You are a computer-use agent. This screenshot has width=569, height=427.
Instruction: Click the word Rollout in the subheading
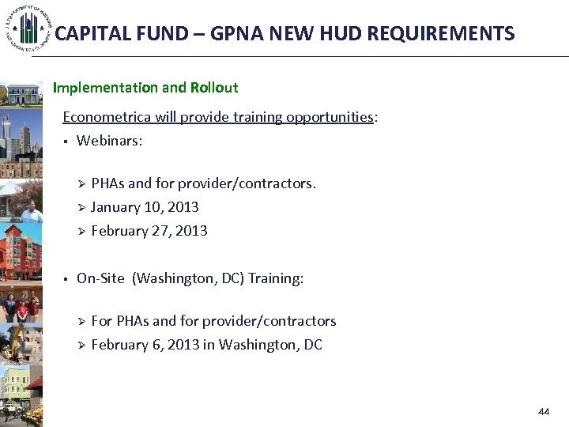tap(213, 87)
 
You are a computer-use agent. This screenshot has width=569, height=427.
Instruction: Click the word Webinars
tap(109, 141)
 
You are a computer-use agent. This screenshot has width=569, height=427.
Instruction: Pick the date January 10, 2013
tap(145, 207)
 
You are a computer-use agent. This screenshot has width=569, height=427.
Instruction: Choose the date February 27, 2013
tap(149, 231)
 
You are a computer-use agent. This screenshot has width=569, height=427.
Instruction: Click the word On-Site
tap(100, 278)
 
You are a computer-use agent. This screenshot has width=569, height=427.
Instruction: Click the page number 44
tap(544, 412)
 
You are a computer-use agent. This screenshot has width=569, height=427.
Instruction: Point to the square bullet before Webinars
tap(66, 142)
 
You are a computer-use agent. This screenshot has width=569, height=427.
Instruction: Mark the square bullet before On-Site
tap(66, 279)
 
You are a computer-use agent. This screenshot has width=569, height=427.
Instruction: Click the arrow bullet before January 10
tap(80, 208)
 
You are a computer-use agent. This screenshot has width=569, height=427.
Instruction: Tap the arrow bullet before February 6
tap(80, 346)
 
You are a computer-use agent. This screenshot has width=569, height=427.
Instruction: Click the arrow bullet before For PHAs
tap(80, 322)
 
